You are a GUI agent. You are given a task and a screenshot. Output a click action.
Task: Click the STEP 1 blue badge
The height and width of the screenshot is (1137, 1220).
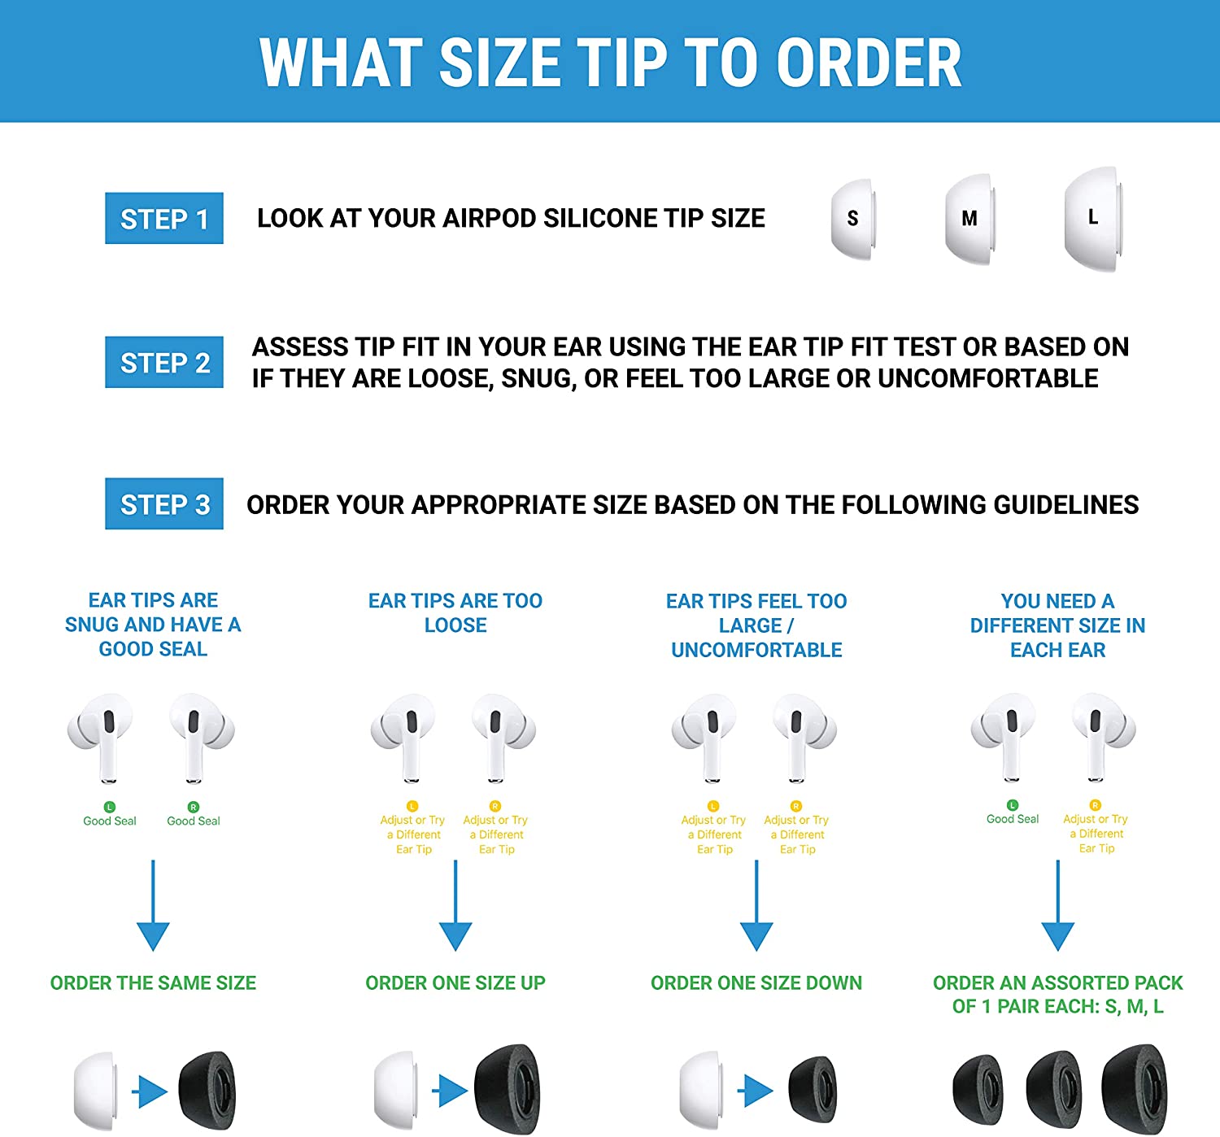click(164, 218)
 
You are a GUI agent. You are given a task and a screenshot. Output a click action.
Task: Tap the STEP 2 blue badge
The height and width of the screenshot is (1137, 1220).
click(164, 362)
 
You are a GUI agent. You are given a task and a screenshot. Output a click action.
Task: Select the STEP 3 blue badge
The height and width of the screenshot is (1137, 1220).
click(164, 504)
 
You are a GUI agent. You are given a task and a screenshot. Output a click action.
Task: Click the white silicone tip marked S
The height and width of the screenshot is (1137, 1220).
click(852, 219)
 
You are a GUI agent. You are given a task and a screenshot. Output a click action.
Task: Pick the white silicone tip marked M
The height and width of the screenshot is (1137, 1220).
click(969, 219)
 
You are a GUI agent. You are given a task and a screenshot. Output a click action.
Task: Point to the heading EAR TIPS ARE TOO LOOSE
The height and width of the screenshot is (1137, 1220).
click(455, 612)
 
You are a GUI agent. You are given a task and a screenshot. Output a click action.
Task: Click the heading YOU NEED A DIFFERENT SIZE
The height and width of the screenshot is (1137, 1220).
click(1057, 625)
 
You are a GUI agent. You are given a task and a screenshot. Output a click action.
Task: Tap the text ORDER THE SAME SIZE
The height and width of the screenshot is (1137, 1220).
click(153, 982)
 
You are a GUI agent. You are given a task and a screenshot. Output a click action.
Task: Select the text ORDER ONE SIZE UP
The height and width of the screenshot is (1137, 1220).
click(455, 982)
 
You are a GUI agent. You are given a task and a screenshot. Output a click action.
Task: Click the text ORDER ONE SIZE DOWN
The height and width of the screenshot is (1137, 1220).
click(756, 982)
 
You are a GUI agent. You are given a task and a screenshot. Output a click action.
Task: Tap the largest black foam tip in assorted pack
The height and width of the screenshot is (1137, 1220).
click(1135, 1089)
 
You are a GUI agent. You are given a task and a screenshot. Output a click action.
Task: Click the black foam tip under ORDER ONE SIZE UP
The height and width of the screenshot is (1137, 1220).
click(508, 1089)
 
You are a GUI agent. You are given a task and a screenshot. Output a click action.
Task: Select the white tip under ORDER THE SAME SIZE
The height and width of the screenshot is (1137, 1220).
click(95, 1091)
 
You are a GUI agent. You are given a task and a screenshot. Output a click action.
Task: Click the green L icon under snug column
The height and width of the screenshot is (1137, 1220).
click(110, 807)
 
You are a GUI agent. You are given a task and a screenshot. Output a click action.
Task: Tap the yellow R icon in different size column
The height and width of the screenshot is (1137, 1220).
click(1096, 804)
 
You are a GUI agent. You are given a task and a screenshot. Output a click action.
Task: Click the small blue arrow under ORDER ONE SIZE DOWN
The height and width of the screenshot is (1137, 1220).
click(758, 1091)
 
